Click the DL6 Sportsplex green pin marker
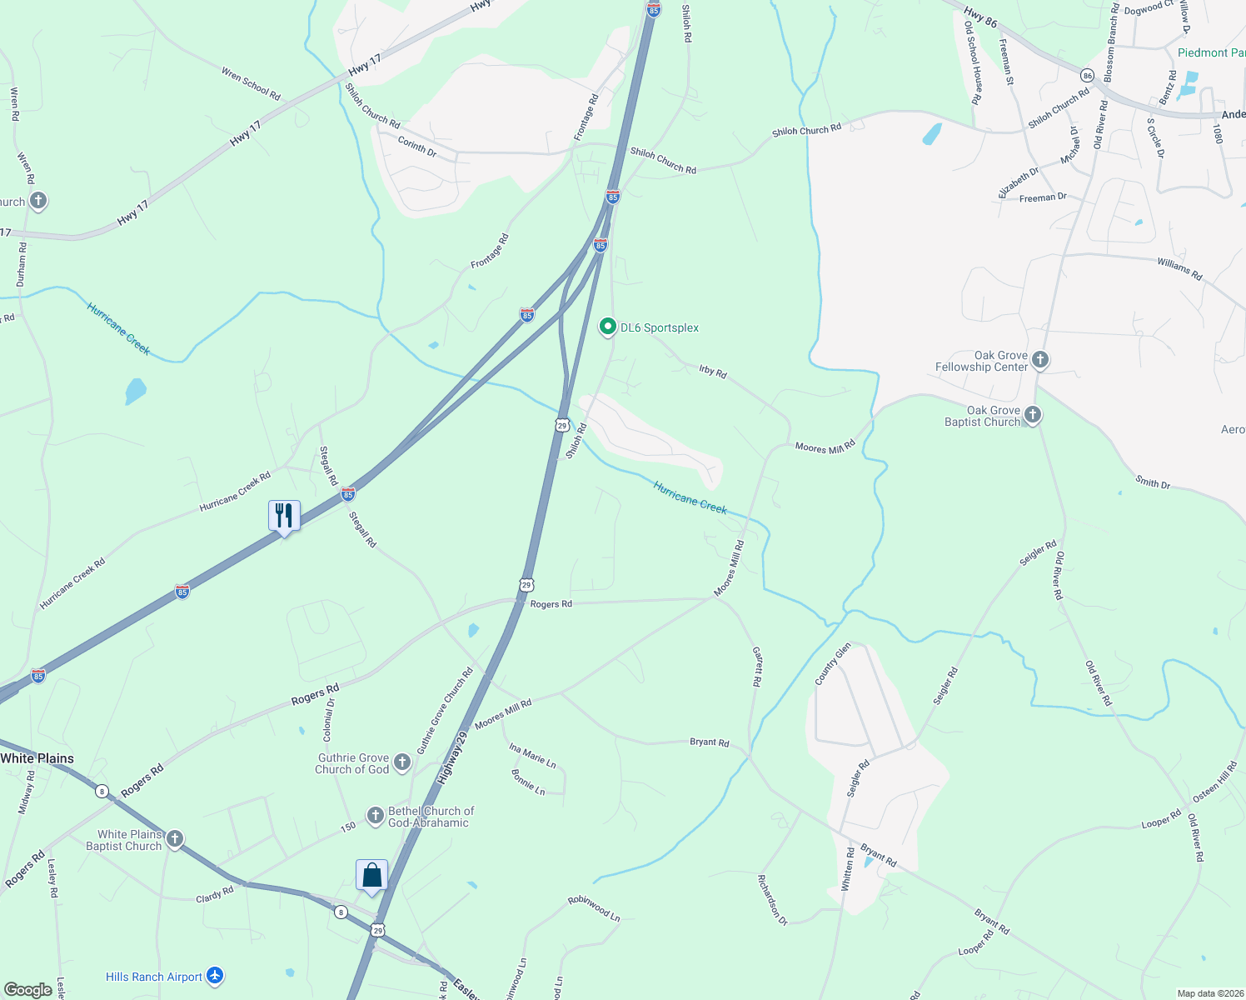(x=608, y=327)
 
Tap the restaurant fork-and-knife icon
(x=284, y=517)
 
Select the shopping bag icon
(x=371, y=876)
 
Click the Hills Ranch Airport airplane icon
(x=215, y=976)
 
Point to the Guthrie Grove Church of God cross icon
(x=402, y=762)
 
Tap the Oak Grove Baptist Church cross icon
(x=1033, y=415)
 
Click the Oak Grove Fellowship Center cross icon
(x=1039, y=360)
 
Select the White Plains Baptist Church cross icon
(x=175, y=839)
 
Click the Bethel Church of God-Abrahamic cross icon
(x=376, y=815)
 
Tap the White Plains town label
(x=37, y=758)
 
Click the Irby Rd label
(x=713, y=372)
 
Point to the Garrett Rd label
(x=757, y=667)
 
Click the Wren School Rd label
(x=251, y=84)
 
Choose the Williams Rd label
(x=1179, y=268)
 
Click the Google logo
(x=28, y=989)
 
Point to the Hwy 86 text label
(x=980, y=17)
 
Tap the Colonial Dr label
(x=329, y=719)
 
